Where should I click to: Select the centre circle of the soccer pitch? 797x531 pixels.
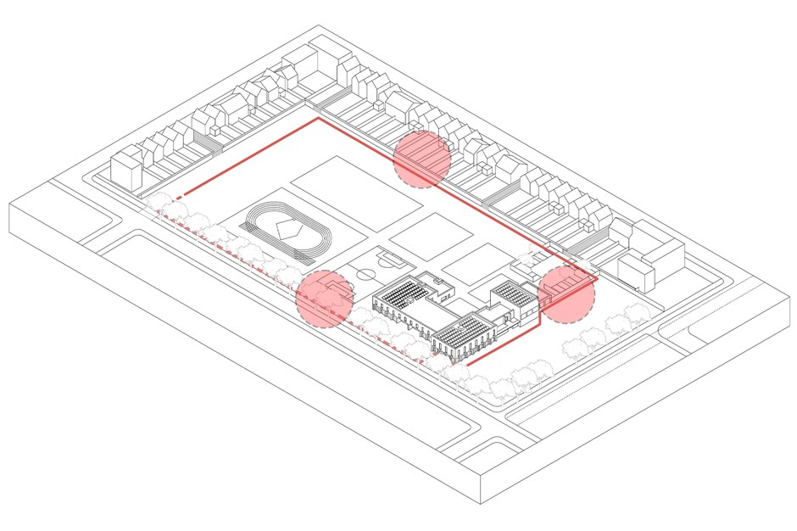pos(365,274)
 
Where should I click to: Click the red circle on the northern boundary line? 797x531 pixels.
pos(421,159)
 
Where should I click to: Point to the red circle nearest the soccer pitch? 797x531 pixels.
pos(323,299)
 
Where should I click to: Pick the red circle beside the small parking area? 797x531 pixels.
pos(566,293)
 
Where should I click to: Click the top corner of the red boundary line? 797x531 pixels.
pos(318,119)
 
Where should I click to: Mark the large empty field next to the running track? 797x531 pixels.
pos(355,190)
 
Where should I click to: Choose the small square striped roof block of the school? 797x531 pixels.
pos(513,293)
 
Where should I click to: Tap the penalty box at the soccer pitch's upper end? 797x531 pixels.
pos(389,254)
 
